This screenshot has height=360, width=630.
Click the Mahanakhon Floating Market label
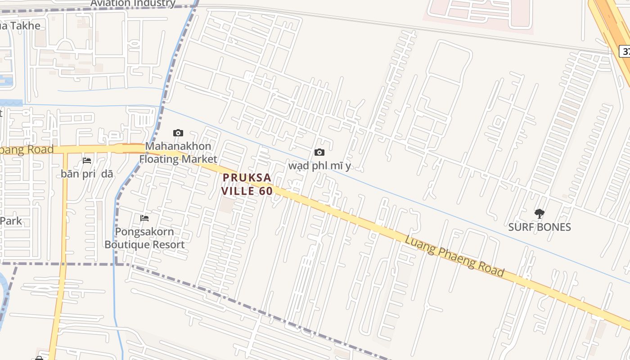pos(178,153)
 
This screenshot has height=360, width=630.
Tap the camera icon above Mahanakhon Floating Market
pos(178,133)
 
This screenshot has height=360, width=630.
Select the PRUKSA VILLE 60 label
pos(247,184)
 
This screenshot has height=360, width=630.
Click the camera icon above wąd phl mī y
pos(319,153)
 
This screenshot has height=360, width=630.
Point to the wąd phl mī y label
pos(319,166)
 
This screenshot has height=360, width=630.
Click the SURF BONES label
pos(539,227)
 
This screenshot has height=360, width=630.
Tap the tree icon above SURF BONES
pos(539,213)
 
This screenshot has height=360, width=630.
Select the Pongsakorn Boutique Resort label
pos(144,238)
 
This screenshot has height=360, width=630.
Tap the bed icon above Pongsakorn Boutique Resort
pos(144,218)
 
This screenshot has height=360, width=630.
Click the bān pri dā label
pos(87,174)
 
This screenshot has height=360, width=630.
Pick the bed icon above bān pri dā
pos(87,160)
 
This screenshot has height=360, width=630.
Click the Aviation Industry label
pos(133,4)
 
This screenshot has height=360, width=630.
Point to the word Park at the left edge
pos(11,221)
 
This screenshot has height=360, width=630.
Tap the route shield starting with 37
pos(625,51)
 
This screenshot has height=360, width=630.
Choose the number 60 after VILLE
pos(266,191)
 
